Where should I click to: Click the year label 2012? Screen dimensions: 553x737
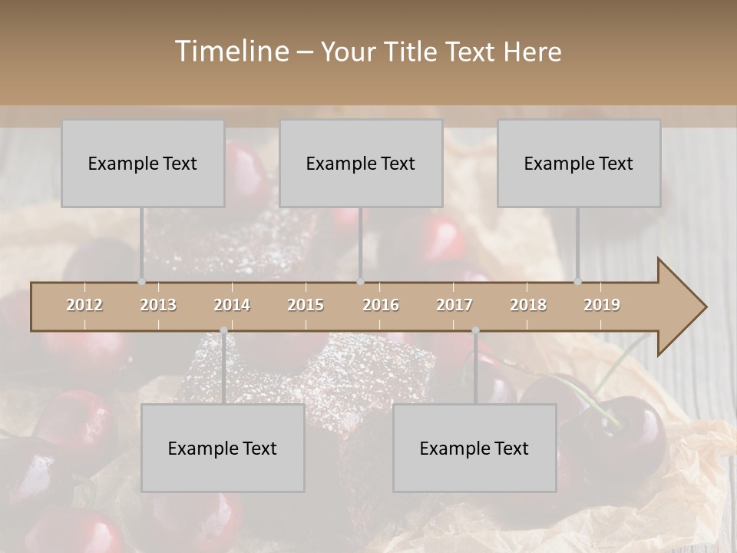click(84, 305)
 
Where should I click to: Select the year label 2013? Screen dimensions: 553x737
click(158, 305)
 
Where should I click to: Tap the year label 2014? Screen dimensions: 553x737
click(232, 305)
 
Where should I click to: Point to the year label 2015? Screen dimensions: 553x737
click(306, 305)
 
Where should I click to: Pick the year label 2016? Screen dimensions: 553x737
click(381, 305)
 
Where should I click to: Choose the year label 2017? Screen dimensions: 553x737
click(454, 305)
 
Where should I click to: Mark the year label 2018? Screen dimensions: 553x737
click(528, 305)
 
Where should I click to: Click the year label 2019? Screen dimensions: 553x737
click(602, 305)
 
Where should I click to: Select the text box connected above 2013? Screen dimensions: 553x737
click(143, 163)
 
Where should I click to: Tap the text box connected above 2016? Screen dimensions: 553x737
click(361, 163)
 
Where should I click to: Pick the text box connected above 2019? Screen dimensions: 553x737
click(579, 163)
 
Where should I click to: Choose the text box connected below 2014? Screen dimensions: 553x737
click(223, 448)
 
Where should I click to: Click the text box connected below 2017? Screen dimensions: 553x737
click(474, 448)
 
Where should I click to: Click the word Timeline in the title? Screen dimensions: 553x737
click(230, 51)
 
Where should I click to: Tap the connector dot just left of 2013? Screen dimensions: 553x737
click(141, 282)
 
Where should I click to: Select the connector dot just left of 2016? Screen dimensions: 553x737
click(361, 282)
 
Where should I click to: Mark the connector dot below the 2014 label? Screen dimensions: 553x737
click(223, 330)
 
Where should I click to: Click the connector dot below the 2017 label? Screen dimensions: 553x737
click(475, 330)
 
